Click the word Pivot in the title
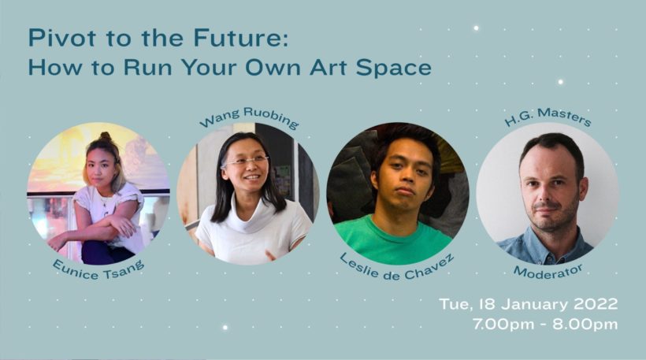pyautogui.click(x=62, y=38)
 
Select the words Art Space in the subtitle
pyautogui.click(x=370, y=69)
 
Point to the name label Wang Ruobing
pyautogui.click(x=249, y=117)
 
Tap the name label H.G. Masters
pyautogui.click(x=548, y=117)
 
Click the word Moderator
pyautogui.click(x=548, y=272)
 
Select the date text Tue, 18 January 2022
pyautogui.click(x=529, y=304)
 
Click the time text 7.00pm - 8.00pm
pyautogui.click(x=545, y=324)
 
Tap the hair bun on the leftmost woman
pyautogui.click(x=106, y=136)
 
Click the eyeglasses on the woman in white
pyautogui.click(x=245, y=161)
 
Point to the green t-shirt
pyautogui.click(x=392, y=241)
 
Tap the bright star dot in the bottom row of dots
pyautogui.click(x=225, y=328)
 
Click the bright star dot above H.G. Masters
pyautogui.click(x=560, y=82)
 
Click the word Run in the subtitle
pyautogui.click(x=147, y=69)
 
